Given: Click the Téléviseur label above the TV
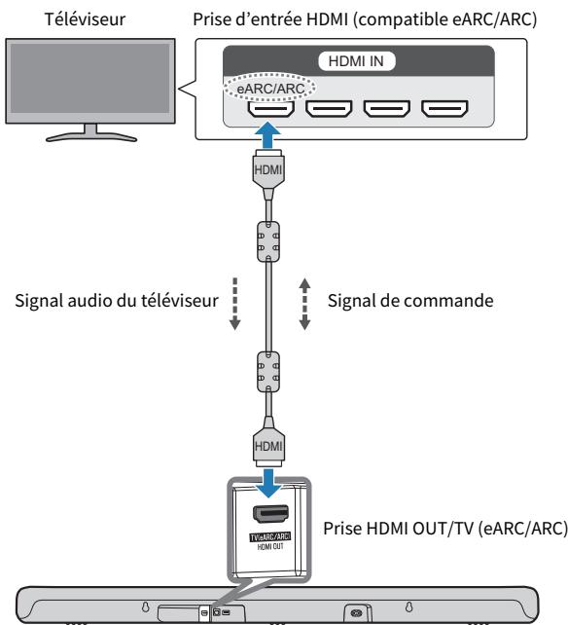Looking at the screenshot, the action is (85, 19).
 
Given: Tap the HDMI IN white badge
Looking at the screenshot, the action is (357, 61).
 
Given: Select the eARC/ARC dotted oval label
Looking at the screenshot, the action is (270, 88).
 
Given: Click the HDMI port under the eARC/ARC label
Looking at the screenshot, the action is (270, 109).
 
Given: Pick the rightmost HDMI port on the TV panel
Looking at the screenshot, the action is (444, 109).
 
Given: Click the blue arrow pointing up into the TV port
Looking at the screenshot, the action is (268, 135).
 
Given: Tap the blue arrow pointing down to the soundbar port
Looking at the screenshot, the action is (268, 483).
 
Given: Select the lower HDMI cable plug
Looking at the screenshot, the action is (268, 441).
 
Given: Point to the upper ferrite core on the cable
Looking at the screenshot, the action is (268, 241).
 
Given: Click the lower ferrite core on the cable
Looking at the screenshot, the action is (268, 372).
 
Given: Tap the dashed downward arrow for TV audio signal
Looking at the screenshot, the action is (235, 304).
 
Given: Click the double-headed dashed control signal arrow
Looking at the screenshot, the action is (304, 304).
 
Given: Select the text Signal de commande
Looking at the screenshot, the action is (410, 301).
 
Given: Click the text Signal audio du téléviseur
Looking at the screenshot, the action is (117, 301).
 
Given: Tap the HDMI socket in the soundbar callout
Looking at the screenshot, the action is (270, 514).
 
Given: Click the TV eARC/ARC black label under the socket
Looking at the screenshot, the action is (270, 537).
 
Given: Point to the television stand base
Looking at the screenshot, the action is (91, 137).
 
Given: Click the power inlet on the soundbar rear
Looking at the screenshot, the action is (357, 612).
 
